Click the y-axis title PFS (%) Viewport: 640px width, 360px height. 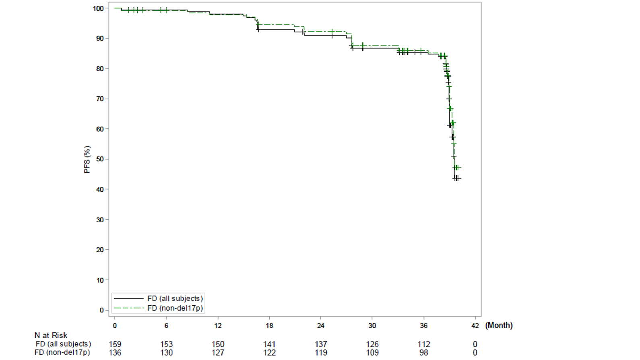click(x=87, y=159)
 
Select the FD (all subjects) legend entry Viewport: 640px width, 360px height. click(x=175, y=298)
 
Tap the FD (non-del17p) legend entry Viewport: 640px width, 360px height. click(x=175, y=308)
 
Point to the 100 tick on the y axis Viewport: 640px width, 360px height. click(x=98, y=8)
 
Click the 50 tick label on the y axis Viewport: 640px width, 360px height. click(x=100, y=159)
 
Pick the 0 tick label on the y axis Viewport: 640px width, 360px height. click(x=101, y=310)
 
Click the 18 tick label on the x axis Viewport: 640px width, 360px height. click(x=269, y=325)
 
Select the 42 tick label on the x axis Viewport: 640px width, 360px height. click(x=475, y=325)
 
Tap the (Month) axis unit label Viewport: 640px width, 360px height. click(x=499, y=325)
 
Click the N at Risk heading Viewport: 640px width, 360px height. click(x=51, y=335)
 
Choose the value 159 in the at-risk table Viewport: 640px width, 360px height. click(x=115, y=344)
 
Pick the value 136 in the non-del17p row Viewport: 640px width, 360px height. click(x=115, y=353)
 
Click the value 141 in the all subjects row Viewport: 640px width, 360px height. click(x=269, y=344)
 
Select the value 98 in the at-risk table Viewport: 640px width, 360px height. click(x=423, y=353)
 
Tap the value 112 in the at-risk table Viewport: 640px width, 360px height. click(x=423, y=344)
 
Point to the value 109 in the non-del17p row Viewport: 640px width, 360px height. click(x=372, y=353)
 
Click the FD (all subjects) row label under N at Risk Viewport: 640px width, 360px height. click(x=63, y=344)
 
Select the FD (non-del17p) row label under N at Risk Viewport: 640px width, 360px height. click(x=62, y=352)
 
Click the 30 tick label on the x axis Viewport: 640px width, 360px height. click(x=372, y=325)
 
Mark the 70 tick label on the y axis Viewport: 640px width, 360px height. click(x=100, y=99)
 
